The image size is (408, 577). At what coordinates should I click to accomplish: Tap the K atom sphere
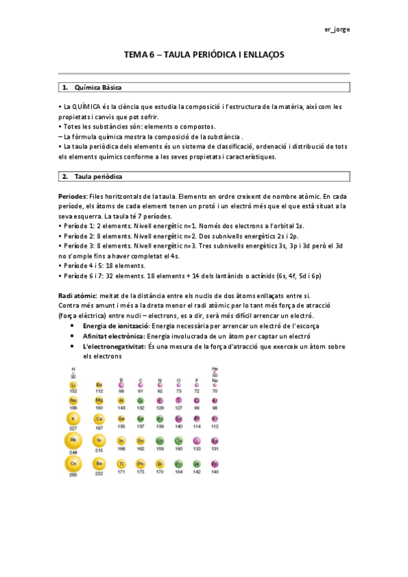click(x=72, y=418)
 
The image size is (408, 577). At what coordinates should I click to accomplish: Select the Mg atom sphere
click(x=99, y=401)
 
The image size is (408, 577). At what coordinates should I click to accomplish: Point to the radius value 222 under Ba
click(x=99, y=473)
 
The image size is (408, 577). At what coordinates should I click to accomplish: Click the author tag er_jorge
click(x=337, y=29)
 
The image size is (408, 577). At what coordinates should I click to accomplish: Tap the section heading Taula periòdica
click(x=98, y=177)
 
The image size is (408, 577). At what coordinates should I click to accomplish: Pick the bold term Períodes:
click(x=73, y=196)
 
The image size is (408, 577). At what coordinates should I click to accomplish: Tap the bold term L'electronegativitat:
click(x=114, y=346)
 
